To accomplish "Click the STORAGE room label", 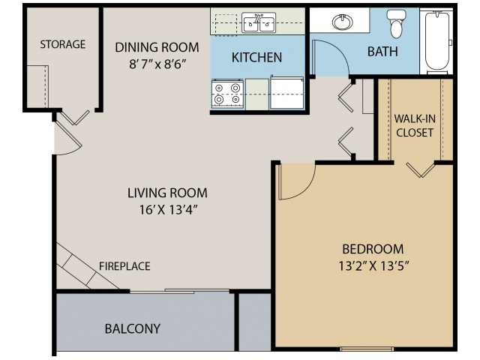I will point(63,45).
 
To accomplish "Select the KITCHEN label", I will point(256,57).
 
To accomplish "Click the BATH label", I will point(382,52).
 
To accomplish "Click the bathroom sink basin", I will point(342,22).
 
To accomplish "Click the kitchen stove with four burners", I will point(227,94).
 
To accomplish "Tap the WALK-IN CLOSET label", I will point(414,125).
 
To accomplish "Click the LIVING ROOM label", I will point(167,193).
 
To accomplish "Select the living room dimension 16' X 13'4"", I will point(167,209).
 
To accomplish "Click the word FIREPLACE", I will point(124,266).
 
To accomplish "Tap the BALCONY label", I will point(133,328).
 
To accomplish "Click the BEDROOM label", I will point(373,249).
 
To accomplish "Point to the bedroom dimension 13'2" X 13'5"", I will point(373,265).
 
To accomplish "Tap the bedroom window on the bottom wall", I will point(367,349).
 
